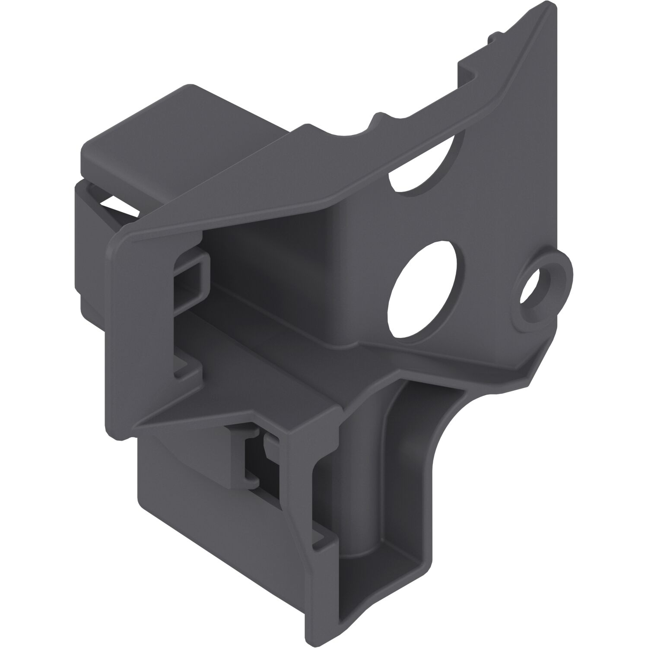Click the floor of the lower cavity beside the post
[x=389, y=553]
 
